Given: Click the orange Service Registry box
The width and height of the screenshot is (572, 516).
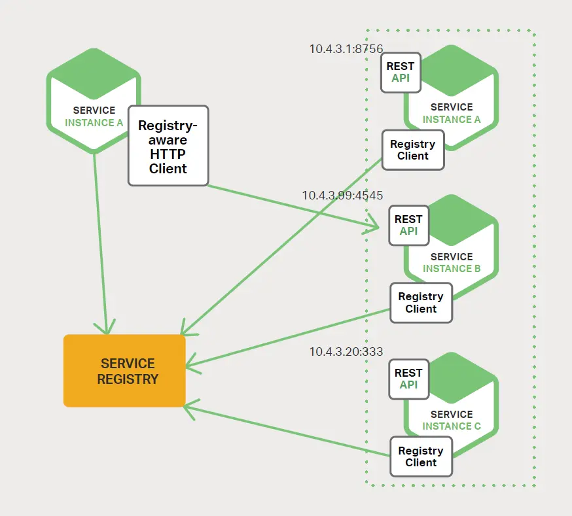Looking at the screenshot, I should point(124,371).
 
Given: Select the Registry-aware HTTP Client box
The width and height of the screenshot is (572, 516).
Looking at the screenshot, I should point(168,145).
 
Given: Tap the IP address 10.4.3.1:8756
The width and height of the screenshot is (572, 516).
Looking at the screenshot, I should point(346,48).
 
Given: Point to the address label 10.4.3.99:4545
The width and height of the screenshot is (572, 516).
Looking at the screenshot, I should point(342,196).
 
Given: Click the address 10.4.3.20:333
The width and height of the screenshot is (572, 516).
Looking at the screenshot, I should point(346,352).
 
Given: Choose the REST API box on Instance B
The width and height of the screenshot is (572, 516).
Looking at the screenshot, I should point(409,226).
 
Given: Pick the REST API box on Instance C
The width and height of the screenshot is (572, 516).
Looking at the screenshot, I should point(409,379).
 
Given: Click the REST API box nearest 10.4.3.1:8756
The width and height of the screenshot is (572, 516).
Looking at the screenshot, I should point(401,73).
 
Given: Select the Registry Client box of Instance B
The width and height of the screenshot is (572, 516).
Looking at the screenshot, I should point(421,303).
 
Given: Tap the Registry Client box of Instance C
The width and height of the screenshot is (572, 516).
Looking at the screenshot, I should point(421,456).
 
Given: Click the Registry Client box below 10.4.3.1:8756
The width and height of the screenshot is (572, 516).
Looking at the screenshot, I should point(413,150).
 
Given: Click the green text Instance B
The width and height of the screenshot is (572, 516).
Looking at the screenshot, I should point(452,269).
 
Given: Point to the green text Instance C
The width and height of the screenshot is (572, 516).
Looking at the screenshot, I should point(452,426).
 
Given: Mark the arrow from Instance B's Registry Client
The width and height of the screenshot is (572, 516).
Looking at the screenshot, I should point(288,336).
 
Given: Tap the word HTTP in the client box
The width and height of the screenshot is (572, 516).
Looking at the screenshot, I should point(168,154).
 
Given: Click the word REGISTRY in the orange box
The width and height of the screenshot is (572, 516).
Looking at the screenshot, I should point(128,379).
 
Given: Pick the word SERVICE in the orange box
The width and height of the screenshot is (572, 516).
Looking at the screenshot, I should point(128,363).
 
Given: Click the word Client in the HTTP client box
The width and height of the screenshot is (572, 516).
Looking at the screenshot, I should point(168,169).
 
